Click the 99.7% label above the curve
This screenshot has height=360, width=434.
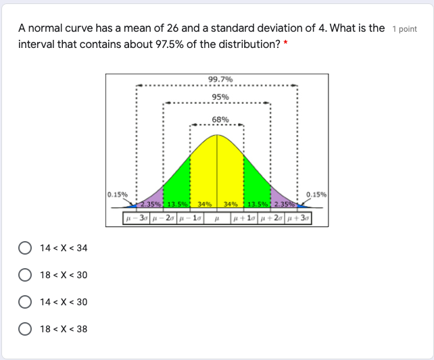click(x=220, y=80)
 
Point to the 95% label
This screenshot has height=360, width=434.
click(x=220, y=97)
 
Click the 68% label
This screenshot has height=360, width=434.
click(x=220, y=120)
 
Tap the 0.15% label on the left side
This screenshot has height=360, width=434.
click(x=117, y=195)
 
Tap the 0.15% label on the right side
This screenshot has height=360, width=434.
click(x=316, y=195)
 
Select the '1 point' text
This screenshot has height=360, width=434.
click(x=404, y=29)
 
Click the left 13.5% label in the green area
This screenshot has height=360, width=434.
click(x=177, y=205)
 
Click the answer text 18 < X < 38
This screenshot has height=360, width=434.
click(x=64, y=329)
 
